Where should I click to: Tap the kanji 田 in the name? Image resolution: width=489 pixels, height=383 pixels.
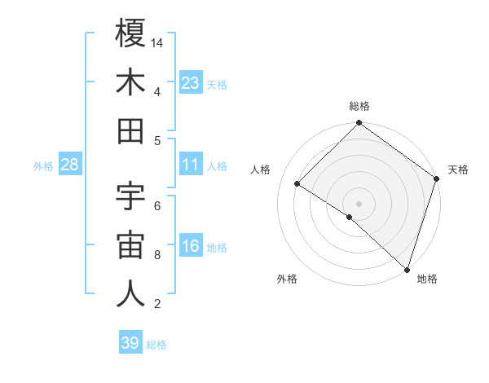[x=130, y=131]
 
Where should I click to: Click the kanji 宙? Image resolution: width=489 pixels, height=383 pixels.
[x=130, y=245]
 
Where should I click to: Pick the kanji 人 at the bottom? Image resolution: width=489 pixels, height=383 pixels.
[x=130, y=294]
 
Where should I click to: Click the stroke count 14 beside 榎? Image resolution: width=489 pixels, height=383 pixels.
[x=157, y=42]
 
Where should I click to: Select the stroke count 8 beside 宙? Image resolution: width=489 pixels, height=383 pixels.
[x=157, y=255]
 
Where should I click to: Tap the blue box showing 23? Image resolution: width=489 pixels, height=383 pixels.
[x=191, y=82]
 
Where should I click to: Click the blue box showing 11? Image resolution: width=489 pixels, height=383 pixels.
[x=191, y=165]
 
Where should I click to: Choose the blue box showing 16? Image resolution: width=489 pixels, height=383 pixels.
[x=191, y=246]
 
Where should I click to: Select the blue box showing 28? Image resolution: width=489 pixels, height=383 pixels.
[x=70, y=165]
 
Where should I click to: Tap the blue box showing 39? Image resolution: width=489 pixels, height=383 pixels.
[x=130, y=343]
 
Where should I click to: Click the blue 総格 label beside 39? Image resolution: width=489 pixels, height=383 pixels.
[x=157, y=345]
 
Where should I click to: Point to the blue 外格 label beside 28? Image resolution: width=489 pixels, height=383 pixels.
[x=43, y=166]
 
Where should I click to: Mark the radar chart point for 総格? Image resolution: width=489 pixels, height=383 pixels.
[x=359, y=124]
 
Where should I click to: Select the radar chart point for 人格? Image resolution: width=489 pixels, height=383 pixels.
[x=297, y=184]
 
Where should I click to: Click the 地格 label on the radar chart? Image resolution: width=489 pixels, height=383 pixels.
[x=427, y=280]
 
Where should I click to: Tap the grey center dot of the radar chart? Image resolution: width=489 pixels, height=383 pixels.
[x=359, y=203]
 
